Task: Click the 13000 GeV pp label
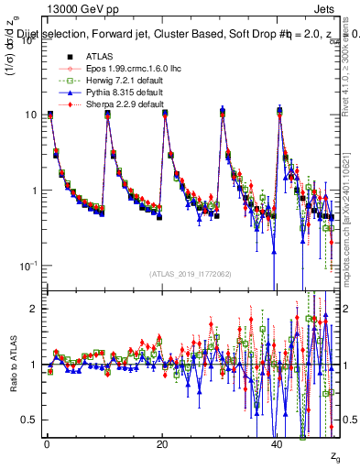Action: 70,7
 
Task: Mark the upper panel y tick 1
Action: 34,191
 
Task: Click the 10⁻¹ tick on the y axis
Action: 27,266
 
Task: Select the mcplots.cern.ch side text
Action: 351,220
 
